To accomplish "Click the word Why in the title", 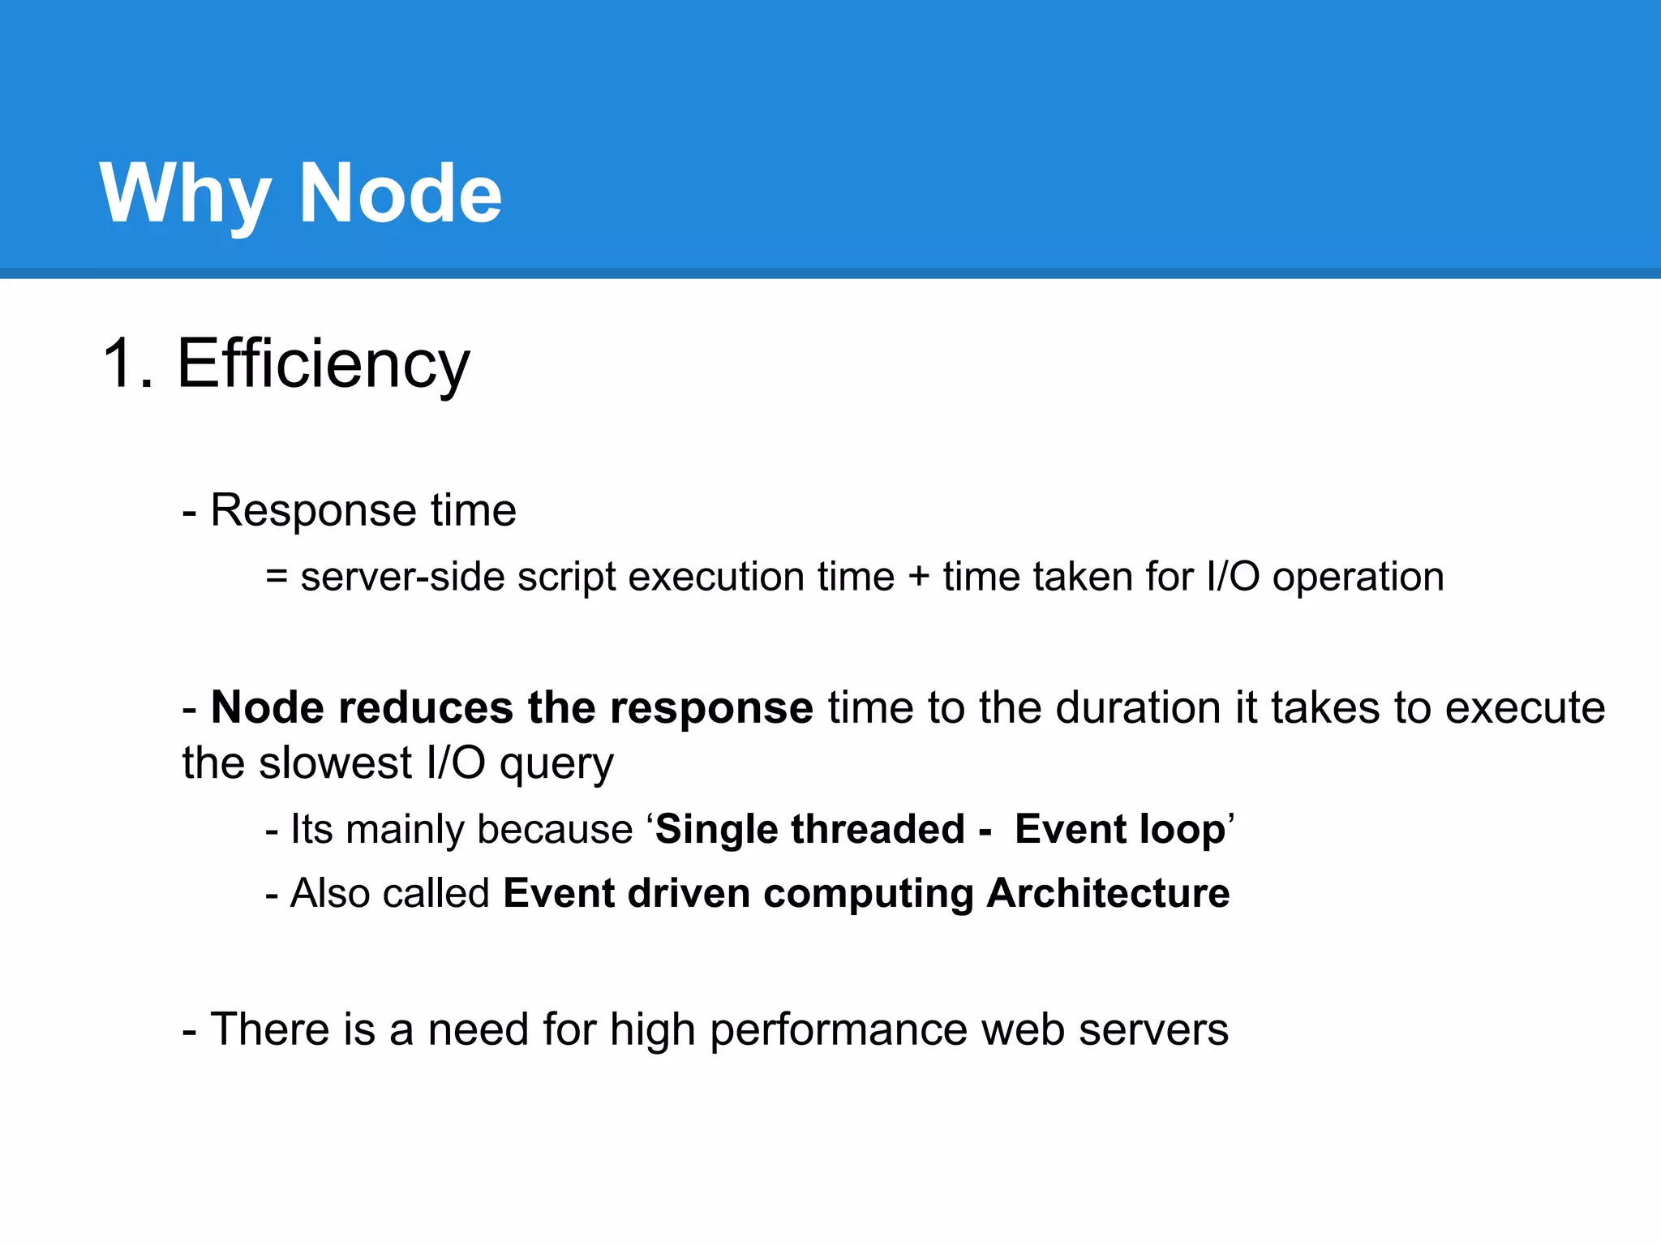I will (185, 195).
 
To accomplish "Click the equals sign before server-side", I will (277, 577).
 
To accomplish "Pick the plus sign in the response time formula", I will (918, 578).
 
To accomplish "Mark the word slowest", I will (336, 763).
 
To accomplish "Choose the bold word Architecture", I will (1108, 893).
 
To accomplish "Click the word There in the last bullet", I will (269, 1029).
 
